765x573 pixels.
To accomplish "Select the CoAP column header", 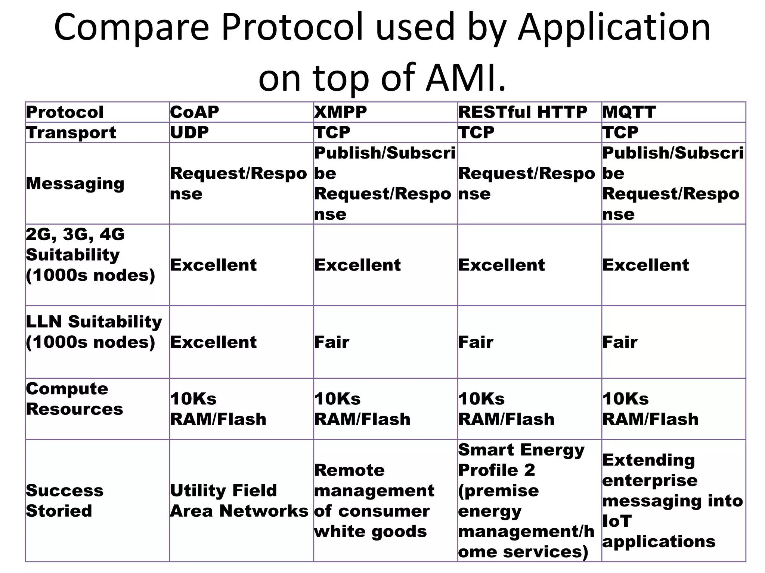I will pos(195,112).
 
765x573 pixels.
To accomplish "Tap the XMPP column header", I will pos(341,112).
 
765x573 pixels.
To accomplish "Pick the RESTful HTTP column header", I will pos(523,112).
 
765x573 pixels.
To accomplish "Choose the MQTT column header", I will pos(629,112).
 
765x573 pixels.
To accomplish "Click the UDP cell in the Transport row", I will pos(189,132).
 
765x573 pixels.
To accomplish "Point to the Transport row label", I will pos(71,132).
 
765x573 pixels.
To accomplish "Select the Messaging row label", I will pos(75,184).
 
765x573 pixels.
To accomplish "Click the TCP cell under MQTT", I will pos(620,132).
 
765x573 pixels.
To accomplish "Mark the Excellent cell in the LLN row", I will pos(213,342).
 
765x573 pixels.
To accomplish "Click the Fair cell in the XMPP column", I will pos(332,342).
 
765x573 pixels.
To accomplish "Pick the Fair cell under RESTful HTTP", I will pos(476,342).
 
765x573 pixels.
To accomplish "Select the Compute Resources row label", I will pos(74,399).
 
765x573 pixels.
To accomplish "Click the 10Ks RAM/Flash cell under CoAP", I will pos(218,409).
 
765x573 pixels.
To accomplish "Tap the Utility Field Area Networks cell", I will pos(239,500).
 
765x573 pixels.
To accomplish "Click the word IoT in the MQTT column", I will pos(617,521).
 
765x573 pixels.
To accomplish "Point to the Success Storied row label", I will pos(64,500).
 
